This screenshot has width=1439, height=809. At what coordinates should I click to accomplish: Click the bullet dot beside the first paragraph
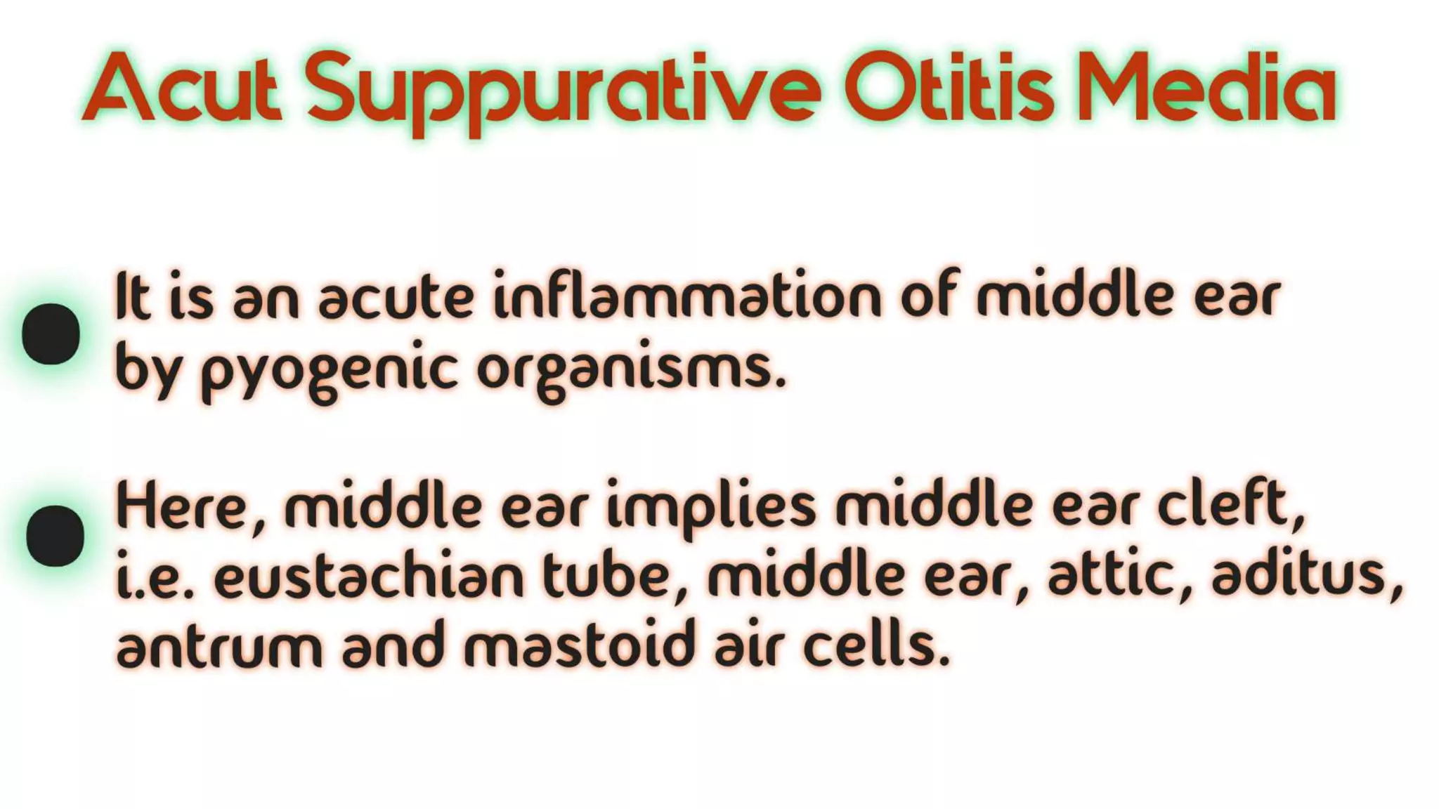pos(51,334)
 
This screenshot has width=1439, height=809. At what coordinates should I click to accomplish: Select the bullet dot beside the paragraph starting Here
pos(55,536)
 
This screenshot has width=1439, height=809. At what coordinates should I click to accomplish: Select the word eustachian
pos(370,577)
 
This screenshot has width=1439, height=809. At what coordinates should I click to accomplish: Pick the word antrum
pos(219,646)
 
